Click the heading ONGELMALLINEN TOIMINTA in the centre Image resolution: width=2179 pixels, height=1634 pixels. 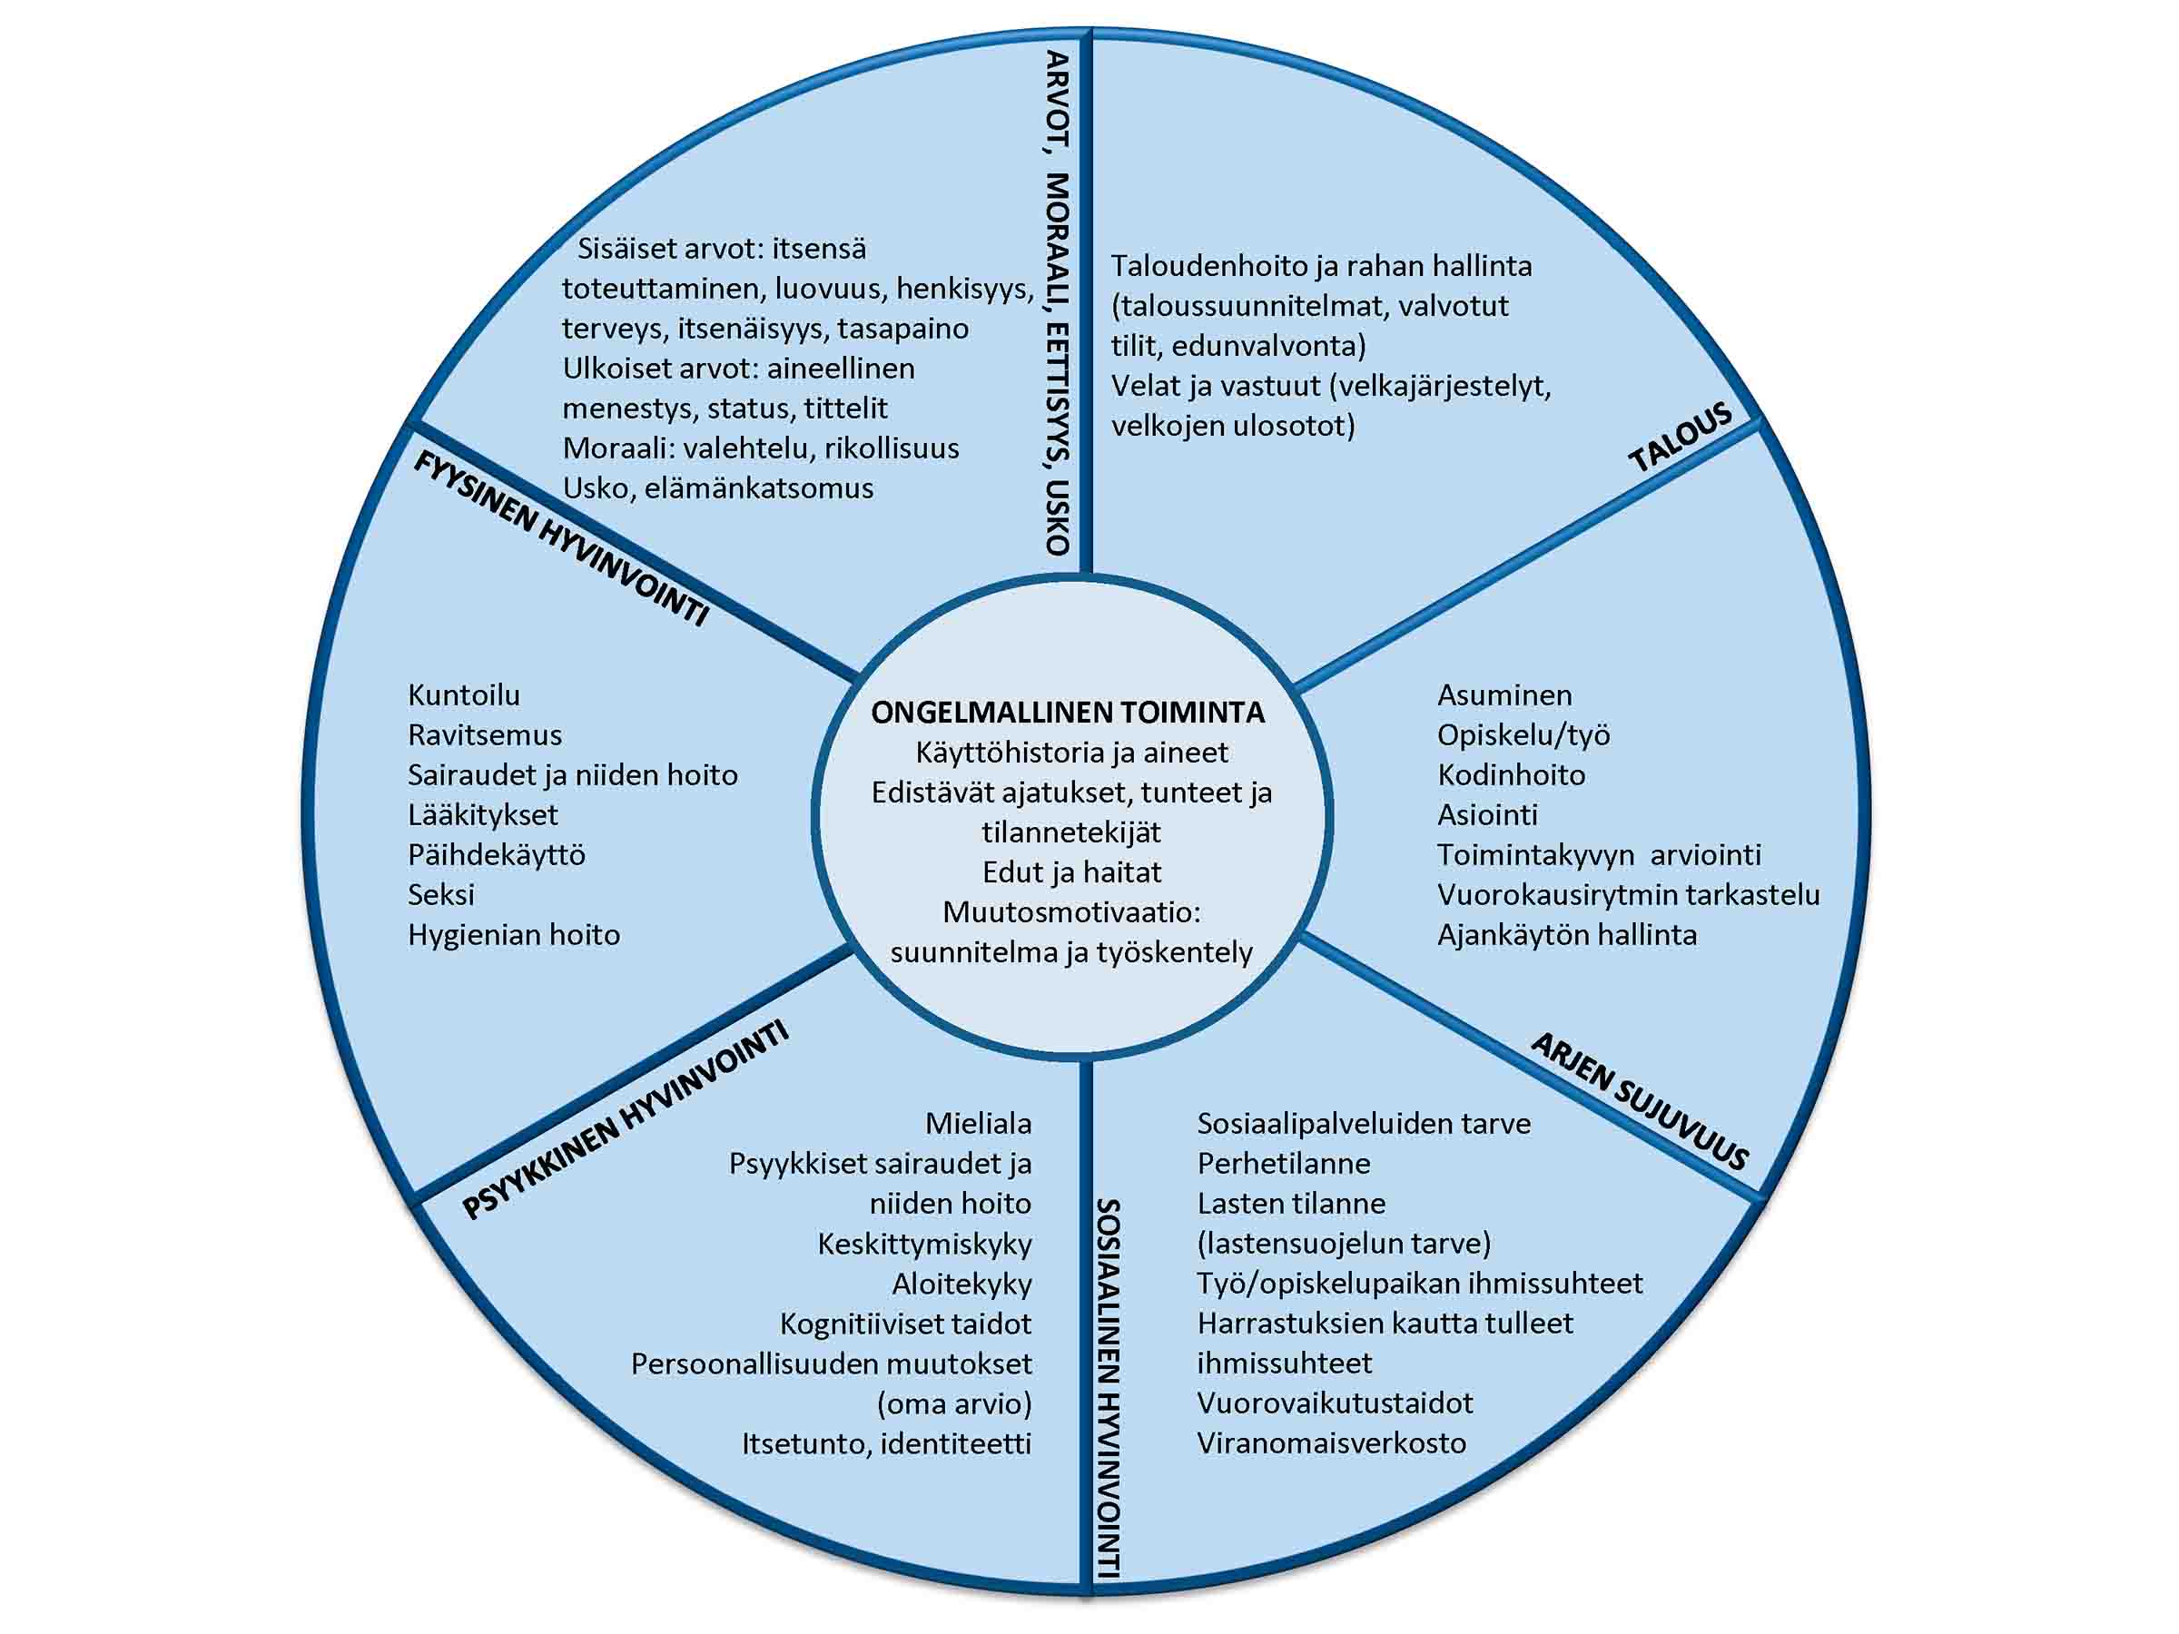(x=1067, y=712)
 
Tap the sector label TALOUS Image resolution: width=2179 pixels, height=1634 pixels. (x=1681, y=438)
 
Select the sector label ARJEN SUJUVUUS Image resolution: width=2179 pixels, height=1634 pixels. (x=1639, y=1101)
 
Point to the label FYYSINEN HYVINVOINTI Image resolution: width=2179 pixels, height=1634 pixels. (x=559, y=537)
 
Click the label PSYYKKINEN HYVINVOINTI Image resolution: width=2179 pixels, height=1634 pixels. (x=626, y=1121)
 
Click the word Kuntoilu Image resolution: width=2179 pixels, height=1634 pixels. (x=463, y=695)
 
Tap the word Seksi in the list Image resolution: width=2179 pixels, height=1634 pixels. (x=440, y=895)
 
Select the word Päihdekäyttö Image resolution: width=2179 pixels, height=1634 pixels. (x=497, y=855)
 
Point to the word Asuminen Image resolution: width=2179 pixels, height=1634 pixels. (x=1504, y=695)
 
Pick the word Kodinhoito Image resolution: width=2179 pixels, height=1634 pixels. (x=1510, y=775)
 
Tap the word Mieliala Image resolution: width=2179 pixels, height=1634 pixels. (x=977, y=1124)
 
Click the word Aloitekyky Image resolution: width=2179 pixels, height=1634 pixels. (x=961, y=1285)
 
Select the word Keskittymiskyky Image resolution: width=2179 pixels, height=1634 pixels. (x=924, y=1244)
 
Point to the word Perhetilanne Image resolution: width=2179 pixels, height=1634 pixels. (x=1283, y=1164)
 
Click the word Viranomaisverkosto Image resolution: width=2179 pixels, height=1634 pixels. (x=1331, y=1444)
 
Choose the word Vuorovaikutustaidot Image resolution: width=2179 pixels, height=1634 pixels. (x=1335, y=1403)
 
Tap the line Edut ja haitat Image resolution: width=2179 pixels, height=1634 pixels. (x=1071, y=872)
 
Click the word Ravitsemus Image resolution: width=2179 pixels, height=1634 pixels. (x=485, y=735)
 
